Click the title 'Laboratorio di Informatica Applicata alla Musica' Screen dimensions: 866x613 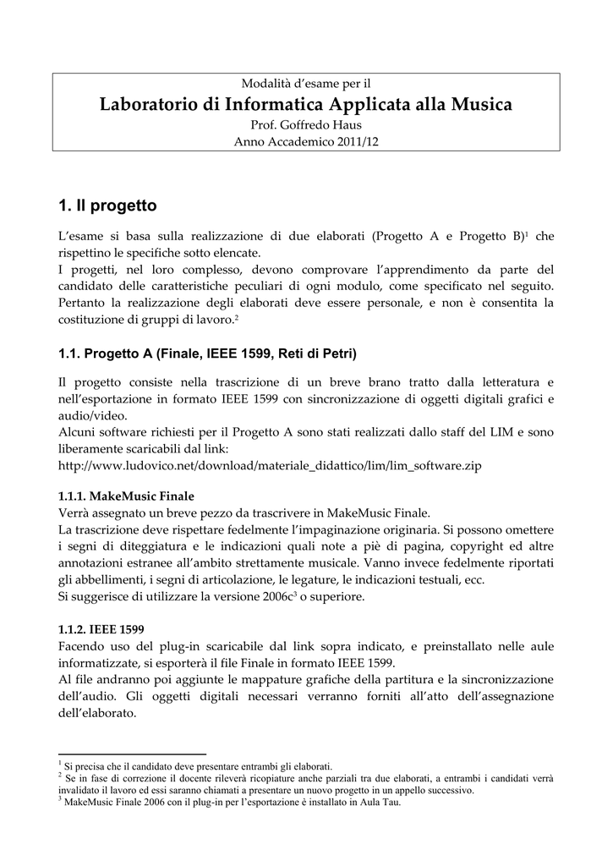click(x=306, y=105)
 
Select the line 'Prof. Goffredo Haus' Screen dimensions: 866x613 click(x=306, y=125)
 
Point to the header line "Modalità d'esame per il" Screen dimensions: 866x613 click(x=306, y=84)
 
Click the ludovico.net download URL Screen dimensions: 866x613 click(x=269, y=465)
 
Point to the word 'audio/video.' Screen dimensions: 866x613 click(x=92, y=415)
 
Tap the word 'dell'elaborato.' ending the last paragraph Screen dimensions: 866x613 click(x=97, y=713)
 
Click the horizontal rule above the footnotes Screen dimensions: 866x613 click(x=132, y=754)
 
